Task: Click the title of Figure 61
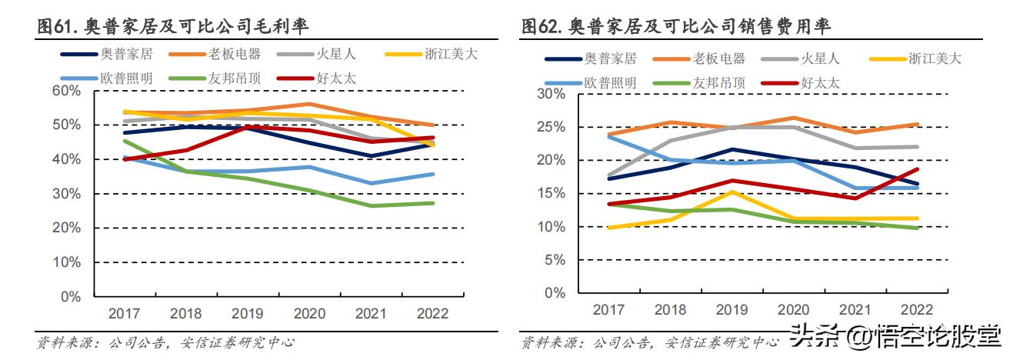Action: [174, 27]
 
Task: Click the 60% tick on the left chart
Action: [65, 91]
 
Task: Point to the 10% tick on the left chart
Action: [65, 262]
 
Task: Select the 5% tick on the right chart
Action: [553, 260]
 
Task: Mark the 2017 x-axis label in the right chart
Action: [608, 308]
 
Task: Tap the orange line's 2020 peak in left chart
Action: [308, 104]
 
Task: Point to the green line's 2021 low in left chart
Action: [372, 205]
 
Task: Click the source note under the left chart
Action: [166, 342]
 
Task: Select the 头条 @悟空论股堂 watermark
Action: [895, 338]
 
